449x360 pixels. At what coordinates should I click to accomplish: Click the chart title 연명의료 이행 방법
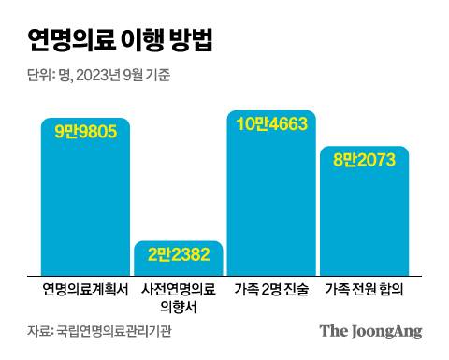coord(120,40)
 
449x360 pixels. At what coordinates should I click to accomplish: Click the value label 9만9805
coord(85,132)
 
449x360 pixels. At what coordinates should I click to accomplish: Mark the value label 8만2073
coord(364,160)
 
